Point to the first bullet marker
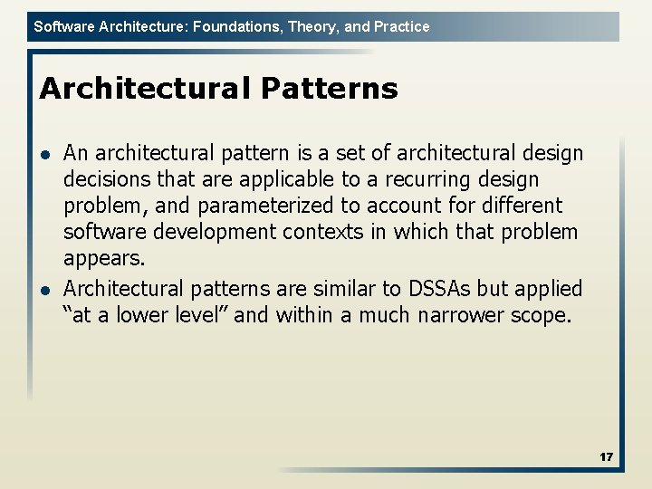(x=45, y=154)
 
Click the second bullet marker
(x=45, y=290)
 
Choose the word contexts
(x=322, y=233)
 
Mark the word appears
(x=103, y=259)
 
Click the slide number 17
(x=606, y=457)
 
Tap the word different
(x=517, y=206)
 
